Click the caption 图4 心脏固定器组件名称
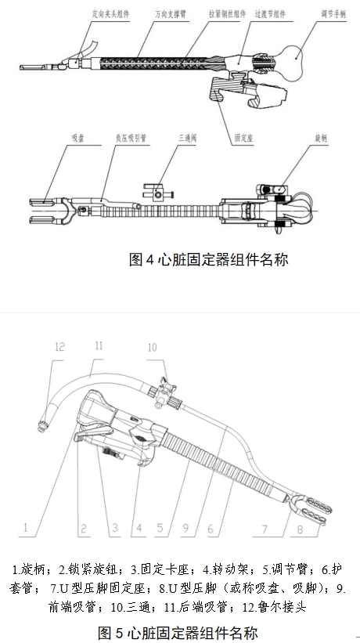(x=208, y=259)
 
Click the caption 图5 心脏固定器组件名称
(x=178, y=631)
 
